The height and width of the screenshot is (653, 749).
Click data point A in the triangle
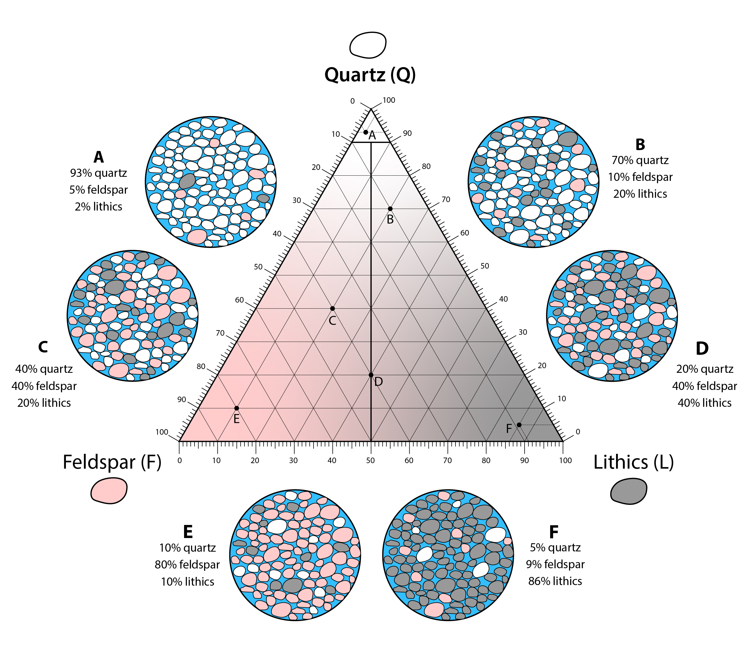[x=366, y=132]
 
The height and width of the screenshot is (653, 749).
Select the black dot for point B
[x=390, y=209]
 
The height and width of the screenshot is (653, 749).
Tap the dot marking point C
[x=332, y=309]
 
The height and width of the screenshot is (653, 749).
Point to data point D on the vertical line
[x=371, y=375]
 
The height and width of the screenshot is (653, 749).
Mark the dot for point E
[x=236, y=408]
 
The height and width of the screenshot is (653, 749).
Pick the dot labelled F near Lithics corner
[x=519, y=425]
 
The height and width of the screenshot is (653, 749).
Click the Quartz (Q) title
[x=370, y=75]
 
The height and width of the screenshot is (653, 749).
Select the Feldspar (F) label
[x=112, y=462]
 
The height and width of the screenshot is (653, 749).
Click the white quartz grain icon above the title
[x=368, y=45]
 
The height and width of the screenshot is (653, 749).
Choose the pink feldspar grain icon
[x=109, y=490]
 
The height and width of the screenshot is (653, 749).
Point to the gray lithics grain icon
[x=629, y=491]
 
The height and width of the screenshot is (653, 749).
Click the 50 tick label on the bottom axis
[x=370, y=460]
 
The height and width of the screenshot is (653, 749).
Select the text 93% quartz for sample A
[x=98, y=173]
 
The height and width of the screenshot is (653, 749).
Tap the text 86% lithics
[x=555, y=581]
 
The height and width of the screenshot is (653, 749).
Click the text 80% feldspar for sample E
[x=187, y=564]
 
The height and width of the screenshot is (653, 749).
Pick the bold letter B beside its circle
[x=640, y=145]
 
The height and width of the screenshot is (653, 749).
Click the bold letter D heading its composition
[x=702, y=348]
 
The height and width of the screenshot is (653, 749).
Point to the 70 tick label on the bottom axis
[x=447, y=460]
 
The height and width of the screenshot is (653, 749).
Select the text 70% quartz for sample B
[x=640, y=160]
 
